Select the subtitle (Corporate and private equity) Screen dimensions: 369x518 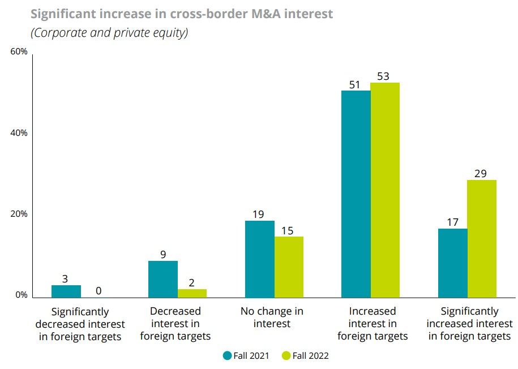pyautogui.click(x=109, y=33)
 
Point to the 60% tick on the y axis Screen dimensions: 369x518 pyautogui.click(x=19, y=52)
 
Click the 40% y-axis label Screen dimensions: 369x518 pyautogui.click(x=19, y=133)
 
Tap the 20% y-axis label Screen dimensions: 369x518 pyautogui.click(x=19, y=214)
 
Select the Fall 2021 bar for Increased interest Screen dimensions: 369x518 pyautogui.click(x=356, y=194)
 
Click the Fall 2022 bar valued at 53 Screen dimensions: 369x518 pyautogui.click(x=385, y=190)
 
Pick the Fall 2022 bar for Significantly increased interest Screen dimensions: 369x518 pyautogui.click(x=482, y=238)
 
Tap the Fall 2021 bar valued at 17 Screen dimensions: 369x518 pyautogui.click(x=453, y=263)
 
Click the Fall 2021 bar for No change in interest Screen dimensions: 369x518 pyautogui.click(x=259, y=259)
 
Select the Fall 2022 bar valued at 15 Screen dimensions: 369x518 pyautogui.click(x=289, y=267)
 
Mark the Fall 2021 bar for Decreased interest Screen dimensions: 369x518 pyautogui.click(x=163, y=279)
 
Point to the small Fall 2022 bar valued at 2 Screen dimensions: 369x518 pyautogui.click(x=192, y=293)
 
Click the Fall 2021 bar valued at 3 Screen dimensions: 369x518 pyautogui.click(x=66, y=291)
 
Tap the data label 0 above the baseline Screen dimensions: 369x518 pyautogui.click(x=99, y=291)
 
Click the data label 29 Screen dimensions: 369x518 pyautogui.click(x=481, y=173)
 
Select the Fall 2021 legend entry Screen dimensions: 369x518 pyautogui.click(x=246, y=355)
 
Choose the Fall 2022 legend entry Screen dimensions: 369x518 pyautogui.click(x=305, y=355)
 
